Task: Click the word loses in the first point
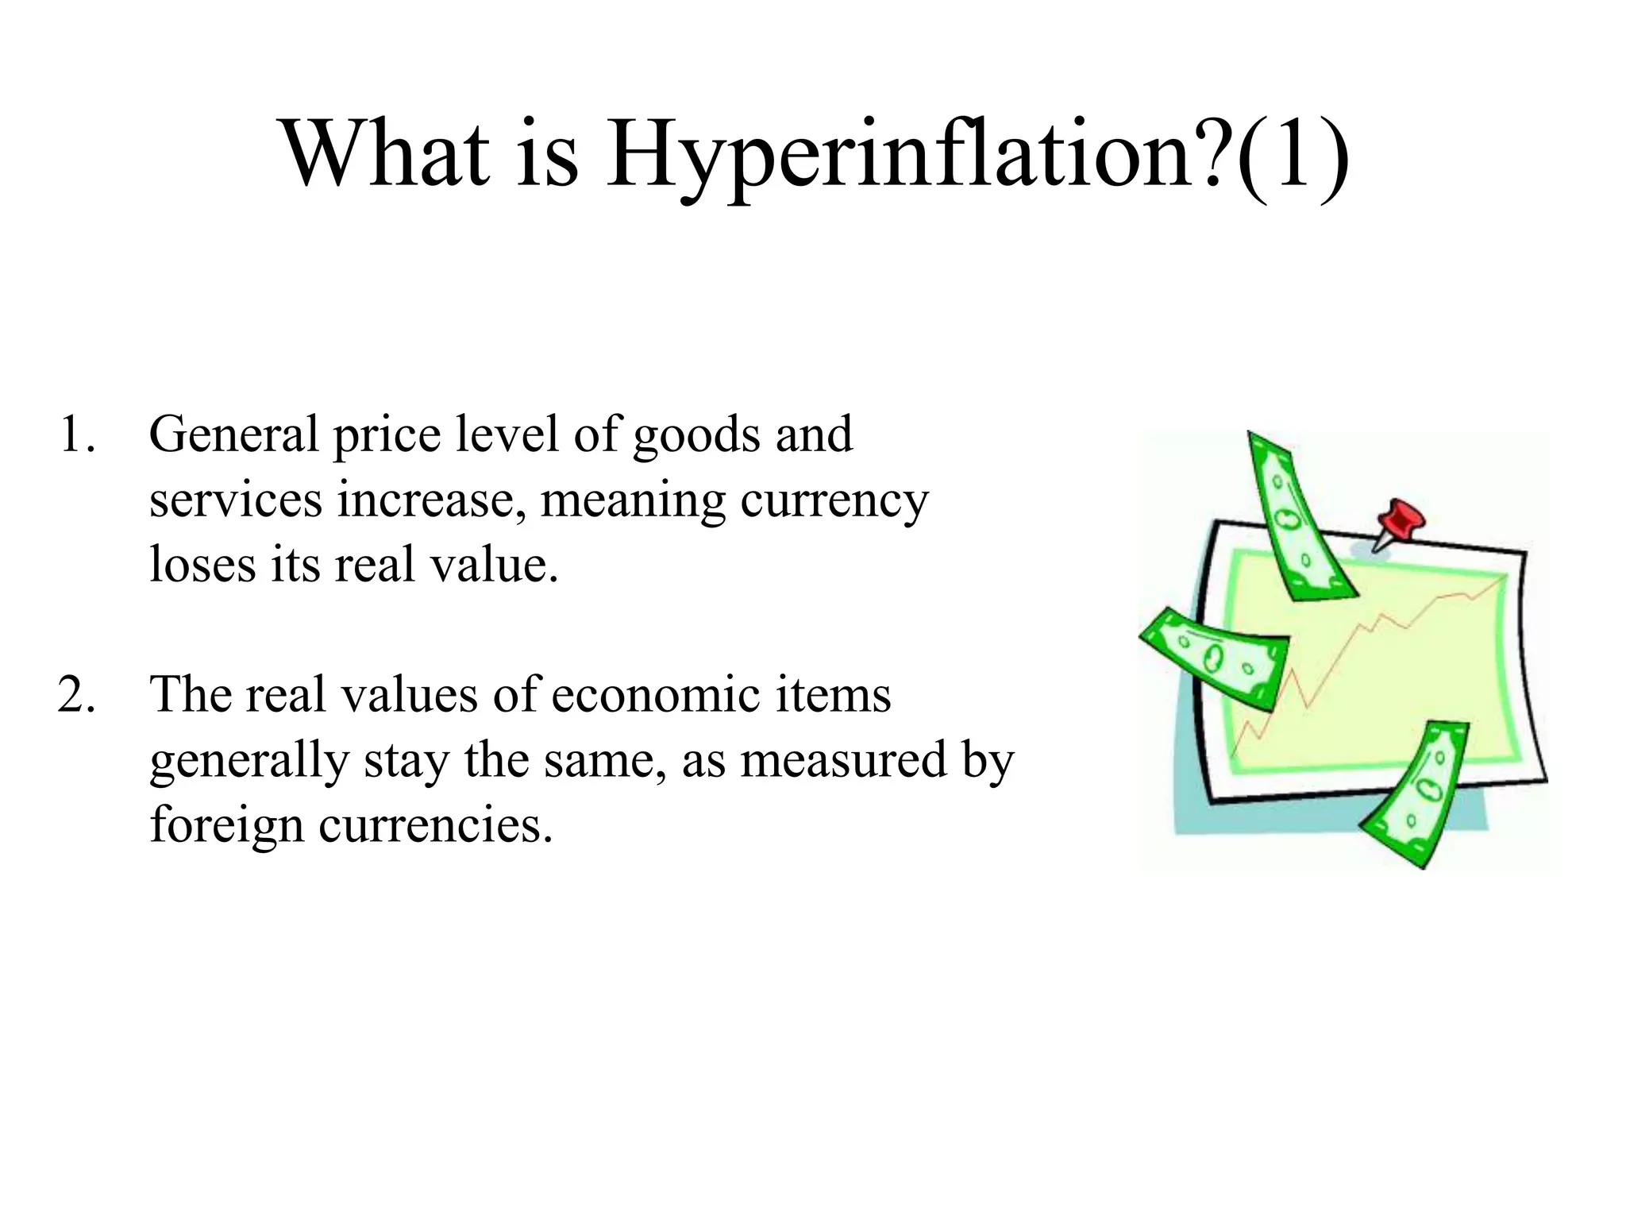tap(203, 566)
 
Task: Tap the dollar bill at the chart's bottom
tap(1418, 795)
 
